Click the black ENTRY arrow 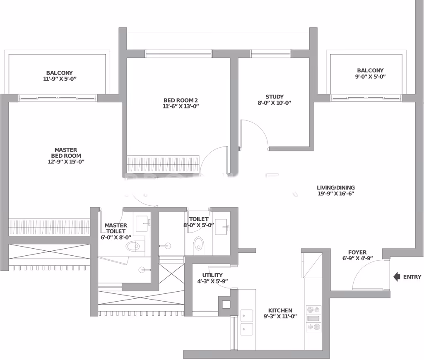click(397, 277)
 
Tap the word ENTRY click(412, 277)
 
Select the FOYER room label click(357, 252)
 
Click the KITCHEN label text click(280, 310)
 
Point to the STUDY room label click(275, 97)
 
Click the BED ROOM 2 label click(181, 100)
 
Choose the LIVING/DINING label click(335, 187)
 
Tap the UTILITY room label click(212, 275)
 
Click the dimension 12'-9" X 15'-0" click(66, 162)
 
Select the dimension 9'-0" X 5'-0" click(370, 77)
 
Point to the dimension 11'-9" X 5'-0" click(60, 79)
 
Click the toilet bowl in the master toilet click(132, 246)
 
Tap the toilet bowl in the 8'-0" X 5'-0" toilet click(198, 244)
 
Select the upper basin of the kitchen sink click(247, 316)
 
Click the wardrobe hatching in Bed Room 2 click(163, 163)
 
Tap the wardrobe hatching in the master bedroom click(49, 227)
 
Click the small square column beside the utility click(226, 305)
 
